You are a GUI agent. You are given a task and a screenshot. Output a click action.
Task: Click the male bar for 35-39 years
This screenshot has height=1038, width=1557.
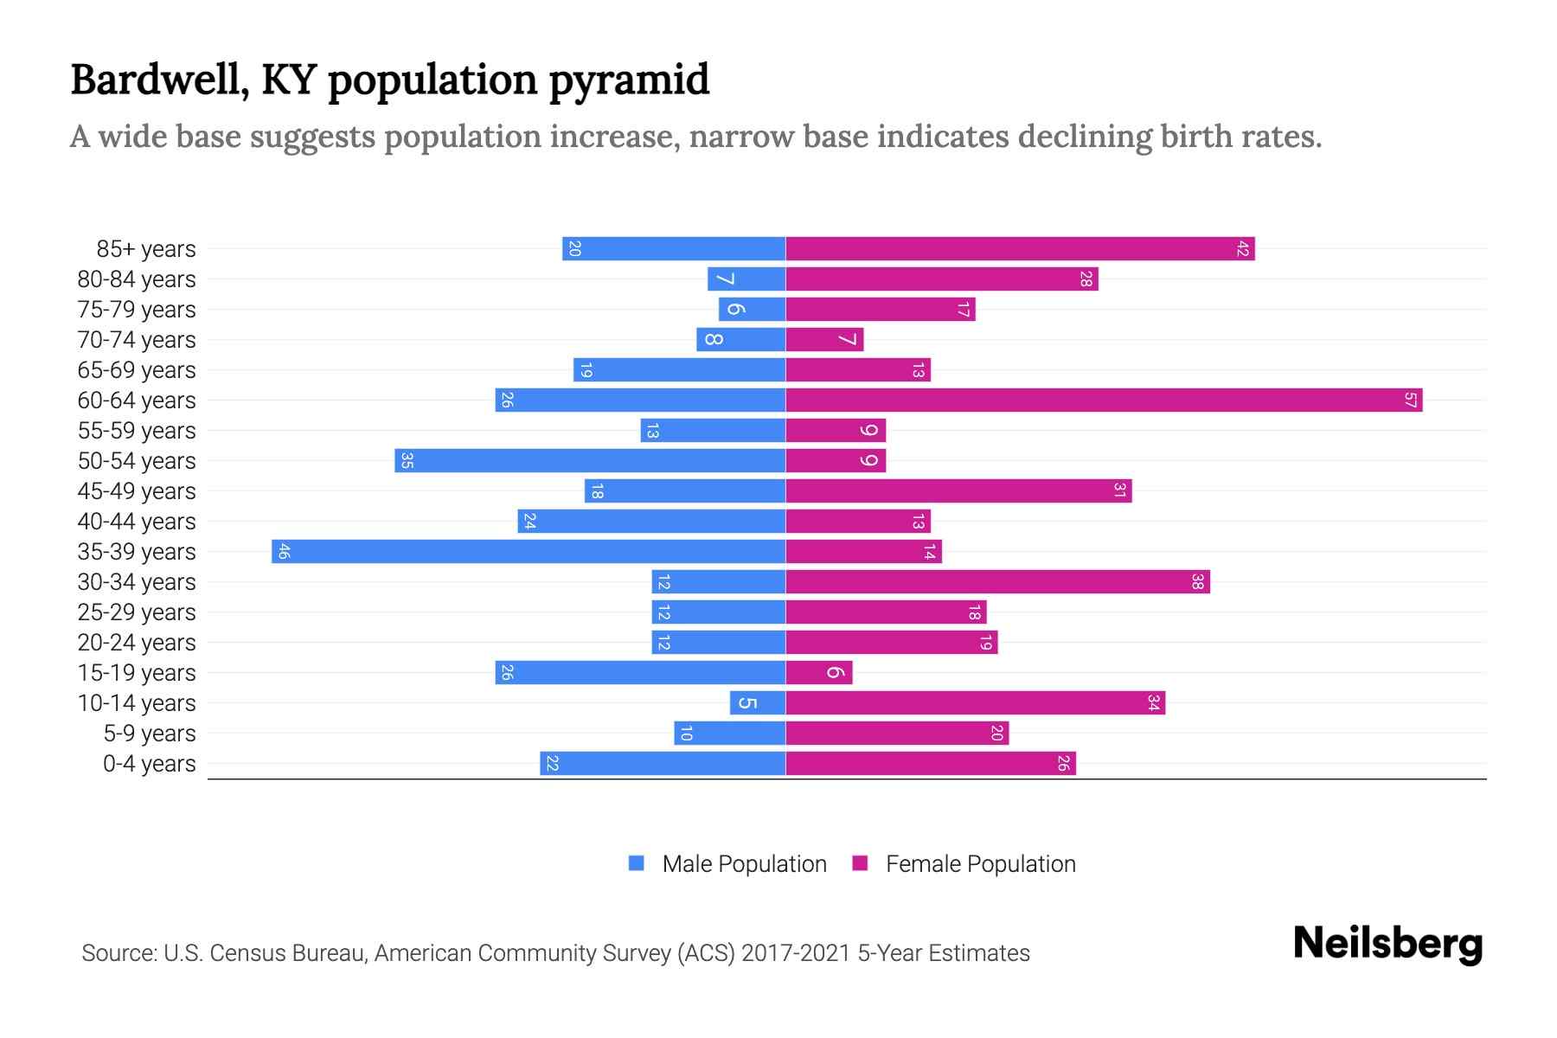point(528,552)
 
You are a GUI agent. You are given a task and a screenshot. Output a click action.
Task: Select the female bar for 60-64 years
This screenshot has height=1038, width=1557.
point(1103,400)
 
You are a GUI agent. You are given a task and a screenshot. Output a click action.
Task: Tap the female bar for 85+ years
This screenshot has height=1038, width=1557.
point(1019,249)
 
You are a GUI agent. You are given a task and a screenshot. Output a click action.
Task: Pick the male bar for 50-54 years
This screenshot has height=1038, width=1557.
point(590,461)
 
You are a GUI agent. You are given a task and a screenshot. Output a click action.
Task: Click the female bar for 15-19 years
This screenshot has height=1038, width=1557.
point(818,673)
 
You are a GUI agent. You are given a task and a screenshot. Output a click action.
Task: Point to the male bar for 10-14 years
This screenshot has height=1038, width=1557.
point(757,703)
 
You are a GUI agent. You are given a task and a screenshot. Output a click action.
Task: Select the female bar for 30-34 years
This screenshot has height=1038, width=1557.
point(996,582)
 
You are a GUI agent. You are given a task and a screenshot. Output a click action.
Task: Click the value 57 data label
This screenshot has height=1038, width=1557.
point(1410,400)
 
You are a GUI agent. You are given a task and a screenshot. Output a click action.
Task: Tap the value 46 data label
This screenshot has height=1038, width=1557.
point(284,552)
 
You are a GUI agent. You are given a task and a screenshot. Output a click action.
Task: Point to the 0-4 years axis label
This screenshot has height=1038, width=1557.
point(149,764)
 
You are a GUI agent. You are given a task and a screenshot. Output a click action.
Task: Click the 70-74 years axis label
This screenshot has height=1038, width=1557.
point(137,340)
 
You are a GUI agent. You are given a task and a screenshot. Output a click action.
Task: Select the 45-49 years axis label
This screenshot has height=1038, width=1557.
point(137,491)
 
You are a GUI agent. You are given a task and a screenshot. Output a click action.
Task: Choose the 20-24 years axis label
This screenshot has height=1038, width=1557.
point(137,643)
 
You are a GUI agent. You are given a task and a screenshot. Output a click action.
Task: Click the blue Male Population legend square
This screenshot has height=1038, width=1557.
point(637,863)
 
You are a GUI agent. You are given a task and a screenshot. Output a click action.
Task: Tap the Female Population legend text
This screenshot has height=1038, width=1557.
point(980,864)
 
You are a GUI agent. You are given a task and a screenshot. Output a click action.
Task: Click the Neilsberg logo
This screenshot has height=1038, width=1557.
point(1387,944)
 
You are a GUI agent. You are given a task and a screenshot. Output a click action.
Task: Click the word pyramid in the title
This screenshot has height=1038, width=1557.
point(629,80)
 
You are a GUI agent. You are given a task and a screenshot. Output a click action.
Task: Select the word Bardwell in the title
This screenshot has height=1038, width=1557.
point(160,80)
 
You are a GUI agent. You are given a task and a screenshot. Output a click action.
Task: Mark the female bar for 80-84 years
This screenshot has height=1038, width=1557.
point(941,279)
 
